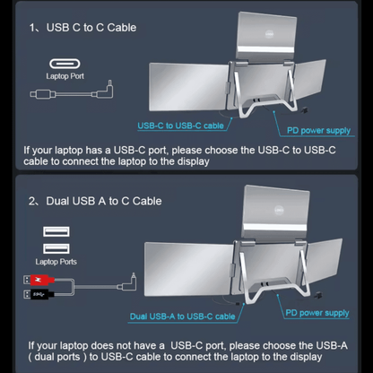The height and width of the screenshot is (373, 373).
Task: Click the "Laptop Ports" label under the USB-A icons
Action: pos(56,262)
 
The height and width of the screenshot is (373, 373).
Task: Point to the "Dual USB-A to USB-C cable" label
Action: pos(182,317)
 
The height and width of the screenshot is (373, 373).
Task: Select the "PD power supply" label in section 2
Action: pos(318,313)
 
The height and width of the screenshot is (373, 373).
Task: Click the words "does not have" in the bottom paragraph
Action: pos(138,344)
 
